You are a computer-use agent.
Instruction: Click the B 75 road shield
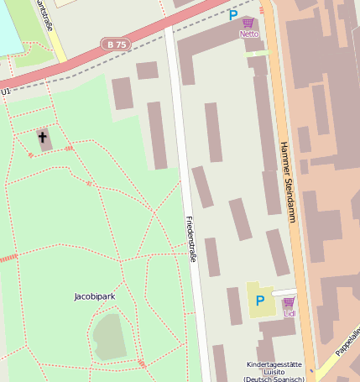click(116, 44)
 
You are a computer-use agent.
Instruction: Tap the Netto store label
click(249, 34)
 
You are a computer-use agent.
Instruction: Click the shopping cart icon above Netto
click(248, 23)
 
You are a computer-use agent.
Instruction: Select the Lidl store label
click(290, 314)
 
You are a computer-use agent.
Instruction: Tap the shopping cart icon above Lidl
click(289, 302)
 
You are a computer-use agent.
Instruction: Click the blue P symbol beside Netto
click(232, 14)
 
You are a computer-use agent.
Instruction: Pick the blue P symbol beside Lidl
click(260, 301)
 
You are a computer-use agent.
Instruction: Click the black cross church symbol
click(42, 136)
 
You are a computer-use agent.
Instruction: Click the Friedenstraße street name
click(191, 239)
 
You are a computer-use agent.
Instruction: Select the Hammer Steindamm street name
click(288, 181)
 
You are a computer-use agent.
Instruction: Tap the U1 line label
click(6, 91)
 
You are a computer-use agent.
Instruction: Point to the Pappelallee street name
click(347, 343)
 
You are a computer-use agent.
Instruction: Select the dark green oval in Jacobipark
click(109, 336)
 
